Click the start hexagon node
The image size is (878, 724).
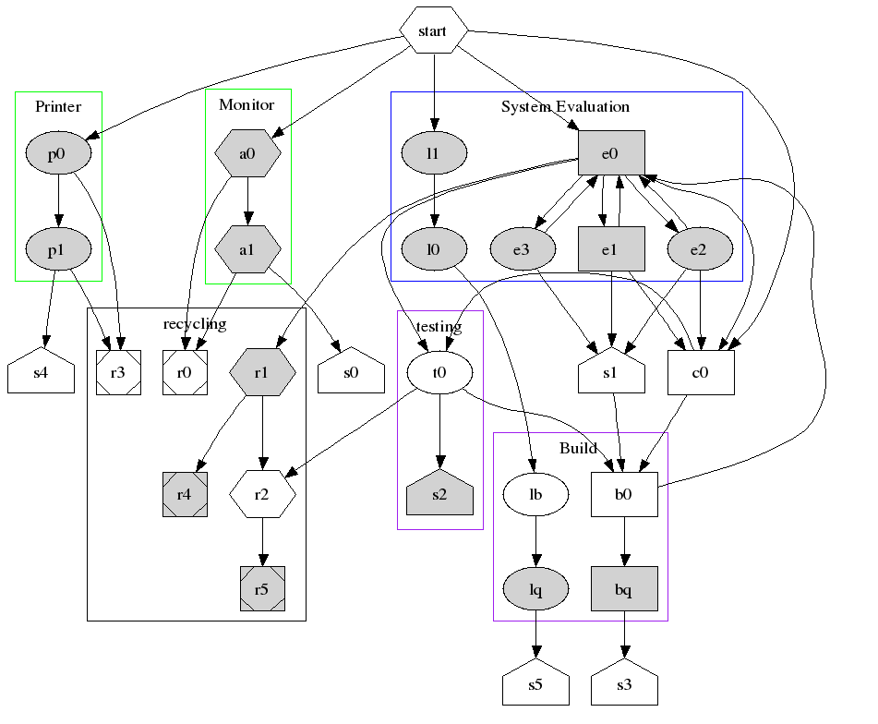click(433, 31)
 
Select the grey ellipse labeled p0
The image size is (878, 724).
click(57, 154)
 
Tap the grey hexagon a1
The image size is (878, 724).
click(247, 249)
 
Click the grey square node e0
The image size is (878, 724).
click(610, 153)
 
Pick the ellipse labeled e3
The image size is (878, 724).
click(523, 248)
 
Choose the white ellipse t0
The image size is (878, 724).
click(439, 373)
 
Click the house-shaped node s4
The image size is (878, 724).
click(41, 373)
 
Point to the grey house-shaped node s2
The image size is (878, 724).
click(439, 494)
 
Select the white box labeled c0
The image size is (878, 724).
click(701, 373)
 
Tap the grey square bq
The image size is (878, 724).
click(624, 589)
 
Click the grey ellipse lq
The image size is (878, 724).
click(535, 589)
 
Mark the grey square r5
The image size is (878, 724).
click(262, 589)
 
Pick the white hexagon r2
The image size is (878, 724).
click(262, 494)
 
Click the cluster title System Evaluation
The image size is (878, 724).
click(565, 106)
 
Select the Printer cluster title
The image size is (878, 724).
click(58, 106)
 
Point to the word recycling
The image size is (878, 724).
click(195, 323)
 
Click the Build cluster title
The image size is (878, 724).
click(579, 448)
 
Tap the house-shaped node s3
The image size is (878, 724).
click(624, 686)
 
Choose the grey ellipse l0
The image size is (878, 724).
click(433, 248)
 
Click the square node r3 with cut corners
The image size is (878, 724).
click(118, 373)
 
